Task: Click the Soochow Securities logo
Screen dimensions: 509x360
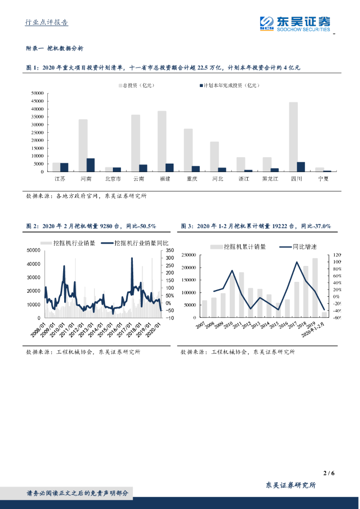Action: coord(295,23)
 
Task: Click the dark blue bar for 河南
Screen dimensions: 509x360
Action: coord(90,165)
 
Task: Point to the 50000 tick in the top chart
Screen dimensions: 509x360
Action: coord(38,93)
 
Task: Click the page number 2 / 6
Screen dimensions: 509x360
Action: coord(329,473)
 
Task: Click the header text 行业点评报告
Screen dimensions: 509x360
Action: coord(47,23)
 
